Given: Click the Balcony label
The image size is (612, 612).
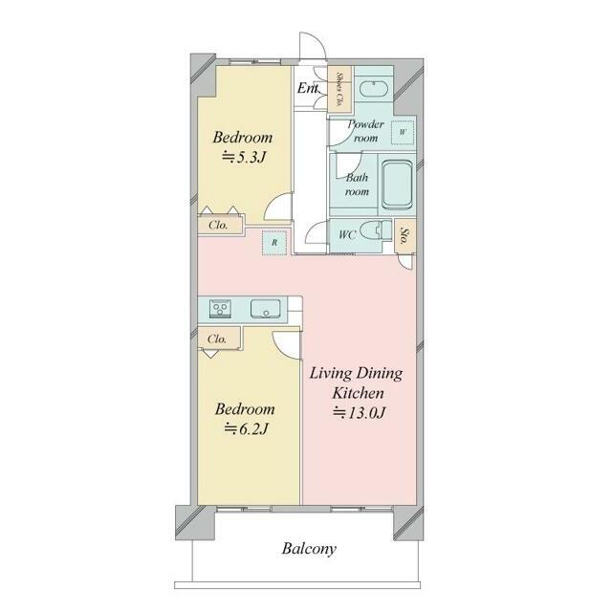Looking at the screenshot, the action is coord(309,548).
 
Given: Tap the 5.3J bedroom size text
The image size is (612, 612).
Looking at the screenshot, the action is coord(244,157).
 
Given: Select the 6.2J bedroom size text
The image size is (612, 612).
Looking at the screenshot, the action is coord(246,429).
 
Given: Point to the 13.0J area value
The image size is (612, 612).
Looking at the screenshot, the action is coord(360,412).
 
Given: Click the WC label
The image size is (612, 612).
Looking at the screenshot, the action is coord(347,234).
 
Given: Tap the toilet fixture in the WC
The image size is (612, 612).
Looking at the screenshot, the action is coord(376,230).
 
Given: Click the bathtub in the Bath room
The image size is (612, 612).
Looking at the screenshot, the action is coord(398,185).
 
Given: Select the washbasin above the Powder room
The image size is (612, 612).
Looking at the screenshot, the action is coord(374,89).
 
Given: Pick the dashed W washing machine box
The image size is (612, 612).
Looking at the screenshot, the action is coord(403,132).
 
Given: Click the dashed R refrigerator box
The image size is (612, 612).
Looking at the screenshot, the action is coord(274,242).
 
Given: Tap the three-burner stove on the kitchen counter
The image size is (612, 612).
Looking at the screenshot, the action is coord(220,309).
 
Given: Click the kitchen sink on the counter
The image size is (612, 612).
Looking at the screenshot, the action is coord(266,309).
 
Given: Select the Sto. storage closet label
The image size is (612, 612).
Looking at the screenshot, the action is coord(405,236).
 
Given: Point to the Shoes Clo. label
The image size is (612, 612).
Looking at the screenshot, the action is coord(339,89).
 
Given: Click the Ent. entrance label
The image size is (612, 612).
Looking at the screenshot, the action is coord(308,88).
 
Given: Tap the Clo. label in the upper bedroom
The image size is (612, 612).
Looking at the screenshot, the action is coord(218,226).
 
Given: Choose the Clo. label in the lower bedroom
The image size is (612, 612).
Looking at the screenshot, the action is coord(217,339).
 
